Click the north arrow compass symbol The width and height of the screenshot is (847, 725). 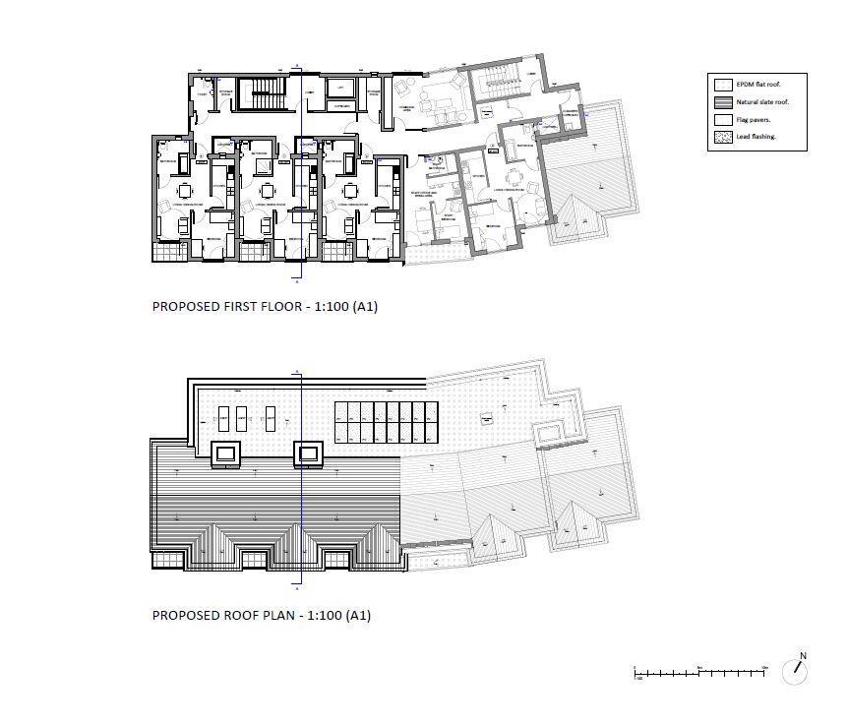(x=795, y=671)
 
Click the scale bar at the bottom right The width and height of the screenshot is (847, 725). (x=699, y=672)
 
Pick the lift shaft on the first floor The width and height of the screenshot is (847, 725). (x=340, y=89)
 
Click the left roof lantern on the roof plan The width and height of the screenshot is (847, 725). (x=226, y=453)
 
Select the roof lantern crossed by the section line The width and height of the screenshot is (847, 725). (x=307, y=453)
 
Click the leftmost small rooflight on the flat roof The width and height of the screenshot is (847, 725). (x=223, y=419)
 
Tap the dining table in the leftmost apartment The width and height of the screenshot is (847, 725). (x=185, y=190)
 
